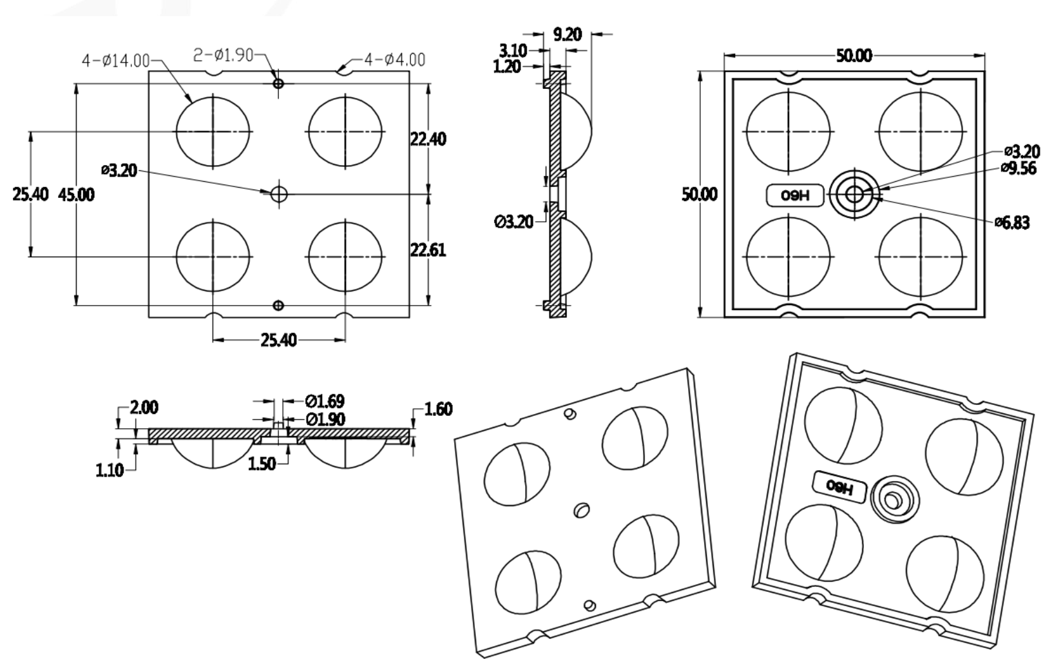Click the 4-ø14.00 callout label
[115, 61]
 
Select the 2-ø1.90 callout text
[224, 55]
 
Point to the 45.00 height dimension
[76, 194]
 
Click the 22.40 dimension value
[428, 139]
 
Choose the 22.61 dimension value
[428, 250]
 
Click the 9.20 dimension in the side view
[567, 34]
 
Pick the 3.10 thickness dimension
[513, 50]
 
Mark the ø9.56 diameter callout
[1019, 168]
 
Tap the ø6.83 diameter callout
[1011, 223]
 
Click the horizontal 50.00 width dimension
[854, 55]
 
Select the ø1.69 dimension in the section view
[325, 402]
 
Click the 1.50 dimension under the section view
[262, 464]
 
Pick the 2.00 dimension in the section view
[144, 408]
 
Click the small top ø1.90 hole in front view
[278, 84]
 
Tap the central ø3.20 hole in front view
[279, 193]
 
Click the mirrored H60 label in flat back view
[795, 195]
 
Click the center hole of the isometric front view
[581, 510]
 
